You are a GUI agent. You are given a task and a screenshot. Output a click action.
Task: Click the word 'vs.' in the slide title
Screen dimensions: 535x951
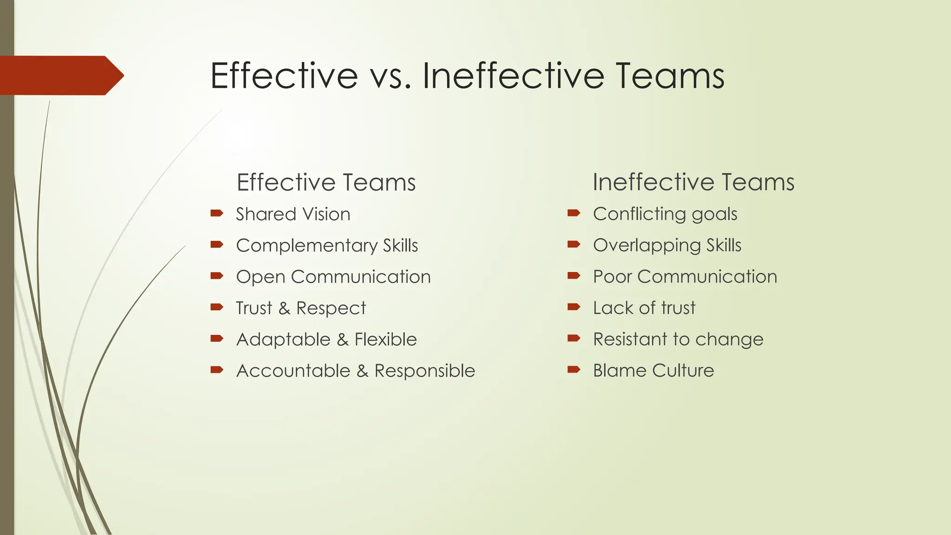point(391,76)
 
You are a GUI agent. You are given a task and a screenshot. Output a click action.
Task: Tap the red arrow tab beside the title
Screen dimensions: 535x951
point(60,75)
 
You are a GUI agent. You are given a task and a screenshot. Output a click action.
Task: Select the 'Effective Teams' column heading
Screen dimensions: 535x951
point(326,182)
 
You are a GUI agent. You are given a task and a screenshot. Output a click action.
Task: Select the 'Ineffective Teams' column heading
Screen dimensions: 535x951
point(693,182)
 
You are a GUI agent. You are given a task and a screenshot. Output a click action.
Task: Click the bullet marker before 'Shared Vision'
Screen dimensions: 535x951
point(217,214)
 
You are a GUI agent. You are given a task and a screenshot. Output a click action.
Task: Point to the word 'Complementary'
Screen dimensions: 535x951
point(306,246)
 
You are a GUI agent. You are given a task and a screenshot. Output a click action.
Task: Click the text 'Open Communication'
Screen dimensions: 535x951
point(333,277)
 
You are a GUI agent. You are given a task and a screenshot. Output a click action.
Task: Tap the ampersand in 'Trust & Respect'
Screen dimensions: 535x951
point(284,308)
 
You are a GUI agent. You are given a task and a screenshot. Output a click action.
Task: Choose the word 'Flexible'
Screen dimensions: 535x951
point(385,339)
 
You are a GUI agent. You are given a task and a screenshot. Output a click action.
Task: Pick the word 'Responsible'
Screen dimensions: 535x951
point(424,371)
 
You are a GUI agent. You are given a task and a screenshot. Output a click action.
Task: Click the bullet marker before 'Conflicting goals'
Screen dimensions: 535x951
point(574,213)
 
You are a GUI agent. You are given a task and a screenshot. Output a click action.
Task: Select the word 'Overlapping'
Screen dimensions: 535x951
point(647,246)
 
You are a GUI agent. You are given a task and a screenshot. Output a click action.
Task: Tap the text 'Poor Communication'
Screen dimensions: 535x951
point(685,277)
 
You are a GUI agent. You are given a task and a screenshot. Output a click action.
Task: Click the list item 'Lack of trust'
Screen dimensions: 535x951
point(644,308)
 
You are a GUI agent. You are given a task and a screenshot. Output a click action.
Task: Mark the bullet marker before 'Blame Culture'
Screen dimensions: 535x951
point(574,370)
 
